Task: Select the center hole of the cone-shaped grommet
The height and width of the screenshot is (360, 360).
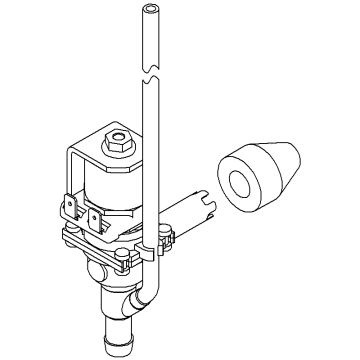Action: tap(242, 186)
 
